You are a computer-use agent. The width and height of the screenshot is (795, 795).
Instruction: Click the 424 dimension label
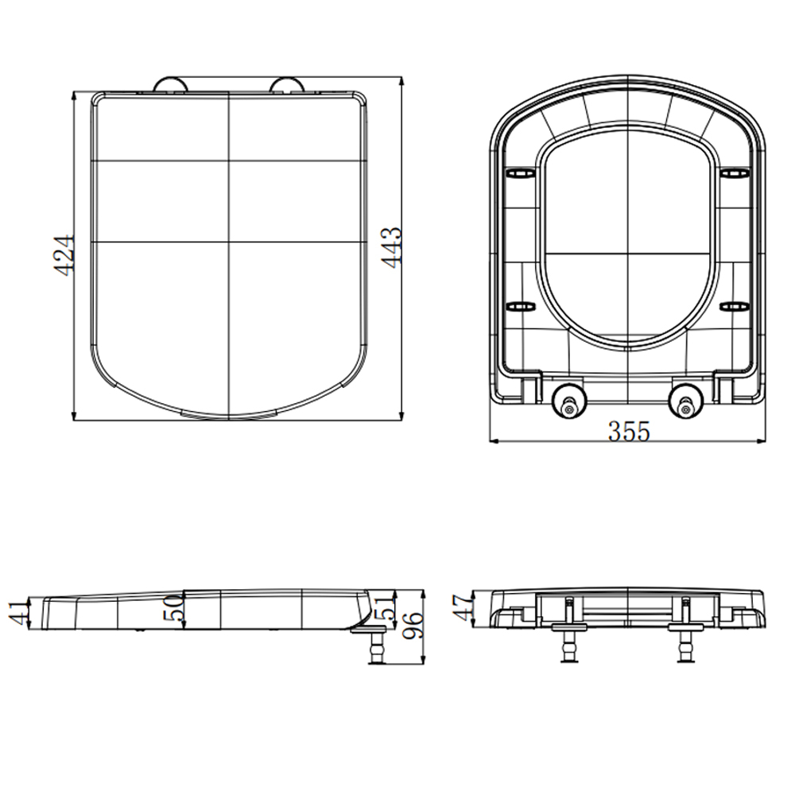coord(64,255)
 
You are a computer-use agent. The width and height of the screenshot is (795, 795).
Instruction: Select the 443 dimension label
coord(391,247)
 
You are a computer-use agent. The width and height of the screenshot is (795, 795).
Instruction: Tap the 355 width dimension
coord(629,432)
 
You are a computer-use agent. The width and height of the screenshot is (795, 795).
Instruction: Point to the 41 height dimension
coord(19,612)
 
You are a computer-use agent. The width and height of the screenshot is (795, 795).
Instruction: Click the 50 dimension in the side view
coord(173,608)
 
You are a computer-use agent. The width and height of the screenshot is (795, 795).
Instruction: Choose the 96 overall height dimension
coord(413,626)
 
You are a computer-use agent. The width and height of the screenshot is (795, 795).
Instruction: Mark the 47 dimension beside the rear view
coord(463,607)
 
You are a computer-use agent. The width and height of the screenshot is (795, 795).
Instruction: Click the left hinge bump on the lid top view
coord(171,85)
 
